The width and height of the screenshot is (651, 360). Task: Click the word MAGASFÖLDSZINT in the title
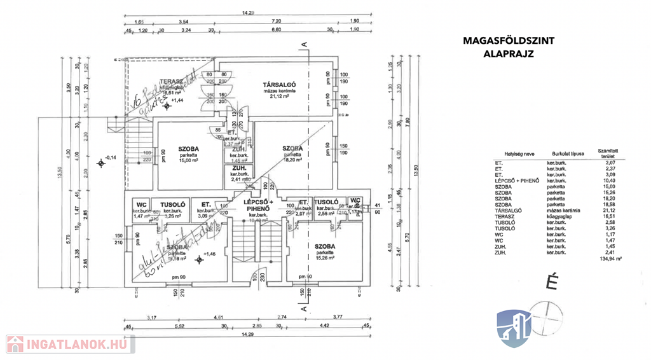coord(508,41)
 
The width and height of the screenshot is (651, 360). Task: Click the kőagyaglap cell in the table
coord(559,216)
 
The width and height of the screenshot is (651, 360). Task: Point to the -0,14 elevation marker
coord(110,157)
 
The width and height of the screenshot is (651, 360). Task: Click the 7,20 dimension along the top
coord(276,22)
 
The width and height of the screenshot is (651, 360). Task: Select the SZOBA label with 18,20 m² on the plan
coord(292,149)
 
